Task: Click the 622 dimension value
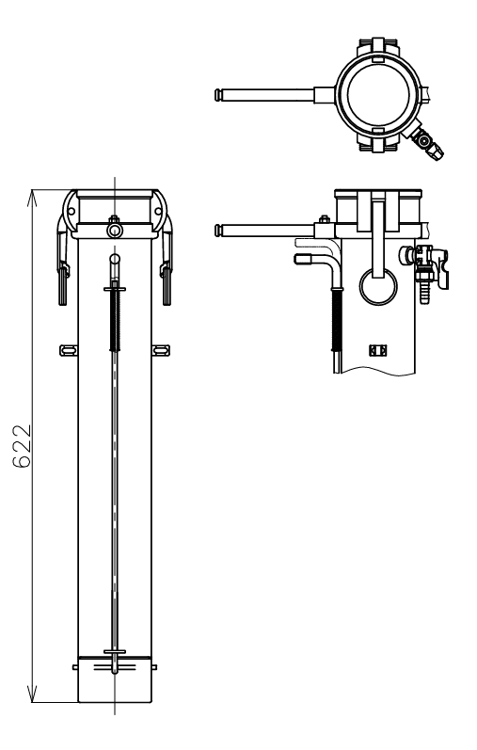(x=22, y=446)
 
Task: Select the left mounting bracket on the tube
(x=69, y=351)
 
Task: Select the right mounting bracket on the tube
(x=161, y=351)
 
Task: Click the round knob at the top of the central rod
(x=115, y=260)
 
